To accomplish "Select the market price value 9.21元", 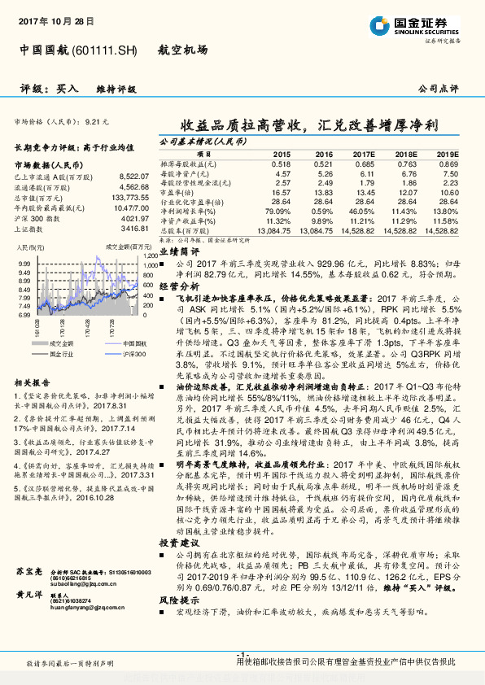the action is [x=96, y=120].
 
